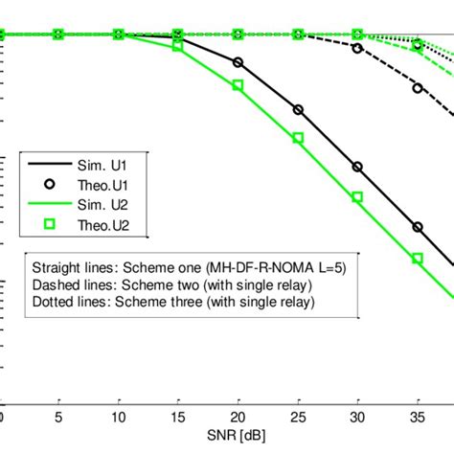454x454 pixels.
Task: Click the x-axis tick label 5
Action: click(x=59, y=418)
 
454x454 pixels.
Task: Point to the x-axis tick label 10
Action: click(x=119, y=418)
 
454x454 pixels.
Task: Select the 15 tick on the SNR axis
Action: click(x=178, y=418)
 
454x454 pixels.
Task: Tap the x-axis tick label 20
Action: click(x=238, y=418)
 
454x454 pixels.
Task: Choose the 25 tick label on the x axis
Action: click(x=298, y=418)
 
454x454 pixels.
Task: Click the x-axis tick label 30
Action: click(x=357, y=418)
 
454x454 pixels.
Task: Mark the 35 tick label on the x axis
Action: click(x=418, y=418)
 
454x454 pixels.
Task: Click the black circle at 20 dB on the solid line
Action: click(x=238, y=63)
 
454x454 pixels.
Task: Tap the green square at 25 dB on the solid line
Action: click(x=298, y=138)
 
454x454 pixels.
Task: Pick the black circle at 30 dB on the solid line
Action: click(x=357, y=167)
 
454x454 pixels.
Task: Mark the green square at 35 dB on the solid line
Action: click(x=418, y=259)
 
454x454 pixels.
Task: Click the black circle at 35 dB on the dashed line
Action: click(x=418, y=87)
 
